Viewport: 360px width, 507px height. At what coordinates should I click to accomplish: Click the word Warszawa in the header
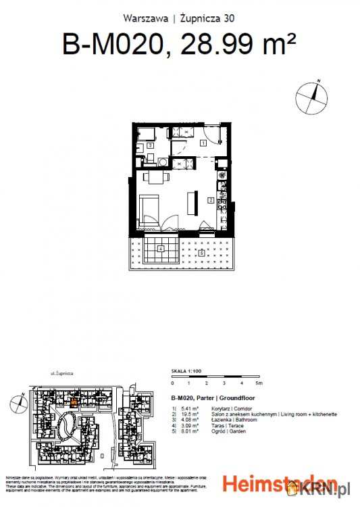(145, 18)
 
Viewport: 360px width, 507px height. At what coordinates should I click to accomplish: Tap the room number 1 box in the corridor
(203, 143)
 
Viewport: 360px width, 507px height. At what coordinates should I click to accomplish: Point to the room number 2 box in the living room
(210, 201)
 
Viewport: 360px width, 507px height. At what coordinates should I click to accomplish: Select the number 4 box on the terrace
(160, 249)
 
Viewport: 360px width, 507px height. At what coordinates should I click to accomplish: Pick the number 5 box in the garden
(202, 253)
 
